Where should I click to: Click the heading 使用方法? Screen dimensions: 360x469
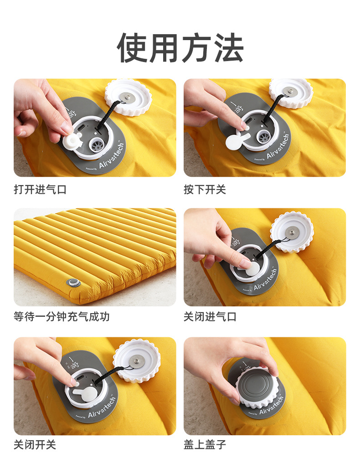click(180, 48)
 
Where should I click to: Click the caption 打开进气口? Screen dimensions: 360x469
click(40, 189)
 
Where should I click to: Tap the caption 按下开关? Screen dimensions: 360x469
click(205, 189)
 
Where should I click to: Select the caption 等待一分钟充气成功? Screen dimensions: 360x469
click(62, 316)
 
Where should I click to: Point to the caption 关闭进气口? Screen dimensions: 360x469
click(210, 316)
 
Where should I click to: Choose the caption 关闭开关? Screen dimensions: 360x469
click(35, 444)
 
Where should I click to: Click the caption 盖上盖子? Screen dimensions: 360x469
click(205, 444)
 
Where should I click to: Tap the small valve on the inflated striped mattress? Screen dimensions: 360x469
click(73, 283)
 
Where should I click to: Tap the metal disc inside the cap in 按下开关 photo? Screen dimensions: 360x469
click(290, 91)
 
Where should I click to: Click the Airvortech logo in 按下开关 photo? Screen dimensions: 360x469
click(278, 147)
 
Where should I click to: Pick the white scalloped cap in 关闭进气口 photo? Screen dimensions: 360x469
click(292, 232)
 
